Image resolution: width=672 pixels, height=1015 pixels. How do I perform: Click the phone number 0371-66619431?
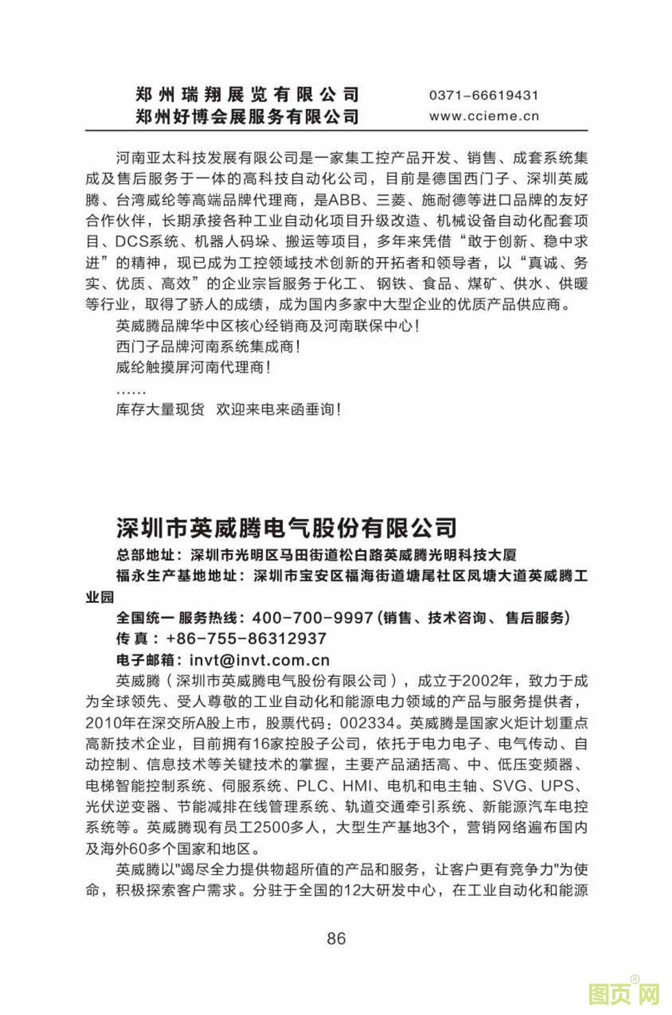tap(483, 95)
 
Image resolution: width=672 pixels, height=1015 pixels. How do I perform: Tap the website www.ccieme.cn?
tap(484, 116)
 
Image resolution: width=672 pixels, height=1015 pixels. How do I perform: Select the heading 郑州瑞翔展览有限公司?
tap(248, 95)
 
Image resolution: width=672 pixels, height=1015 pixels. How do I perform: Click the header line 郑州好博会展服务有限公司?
tap(248, 117)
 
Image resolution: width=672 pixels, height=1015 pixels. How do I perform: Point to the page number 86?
tap(336, 938)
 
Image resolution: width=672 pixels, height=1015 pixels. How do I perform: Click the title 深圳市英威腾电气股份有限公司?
tap(287, 527)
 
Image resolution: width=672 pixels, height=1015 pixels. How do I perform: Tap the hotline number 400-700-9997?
tap(312, 618)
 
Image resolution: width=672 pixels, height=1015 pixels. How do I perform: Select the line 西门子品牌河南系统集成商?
tap(208, 347)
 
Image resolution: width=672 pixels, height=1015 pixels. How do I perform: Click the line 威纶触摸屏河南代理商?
tap(193, 368)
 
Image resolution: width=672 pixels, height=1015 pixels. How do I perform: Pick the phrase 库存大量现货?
tap(160, 409)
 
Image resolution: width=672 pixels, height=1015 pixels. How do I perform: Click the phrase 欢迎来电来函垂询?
tap(278, 409)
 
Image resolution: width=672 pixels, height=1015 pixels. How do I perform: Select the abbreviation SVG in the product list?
tap(510, 786)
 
